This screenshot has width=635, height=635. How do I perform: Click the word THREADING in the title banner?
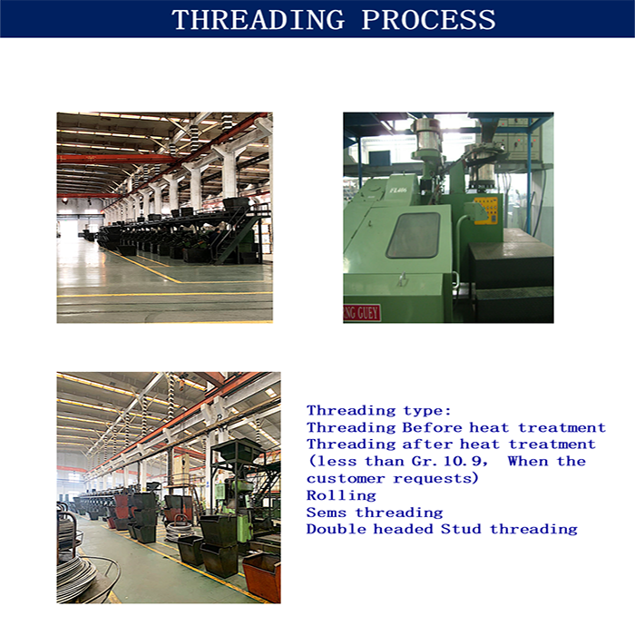coord(259,19)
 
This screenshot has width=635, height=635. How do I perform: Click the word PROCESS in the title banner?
coord(428,19)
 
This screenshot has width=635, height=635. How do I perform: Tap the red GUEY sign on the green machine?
coord(362,313)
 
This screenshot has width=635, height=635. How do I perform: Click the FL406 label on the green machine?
coord(398,190)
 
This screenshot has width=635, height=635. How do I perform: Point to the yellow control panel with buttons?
coord(485,210)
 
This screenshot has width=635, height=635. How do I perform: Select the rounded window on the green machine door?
coord(413,235)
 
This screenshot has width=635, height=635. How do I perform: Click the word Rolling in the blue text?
coord(341,495)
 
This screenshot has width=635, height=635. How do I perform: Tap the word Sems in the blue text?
coord(327,513)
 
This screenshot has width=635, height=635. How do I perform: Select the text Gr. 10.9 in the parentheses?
coord(450,461)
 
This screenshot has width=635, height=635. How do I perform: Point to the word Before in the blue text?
coord(432,427)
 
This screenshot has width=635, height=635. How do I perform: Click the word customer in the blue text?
coord(346,479)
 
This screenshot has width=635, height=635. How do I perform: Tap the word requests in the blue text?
coord(435,479)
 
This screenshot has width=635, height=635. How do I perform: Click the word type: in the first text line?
coord(427,411)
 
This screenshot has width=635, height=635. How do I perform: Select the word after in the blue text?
coord(427,444)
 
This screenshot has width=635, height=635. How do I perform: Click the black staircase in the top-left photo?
coord(235,239)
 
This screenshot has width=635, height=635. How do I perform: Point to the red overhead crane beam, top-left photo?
coord(117,159)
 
